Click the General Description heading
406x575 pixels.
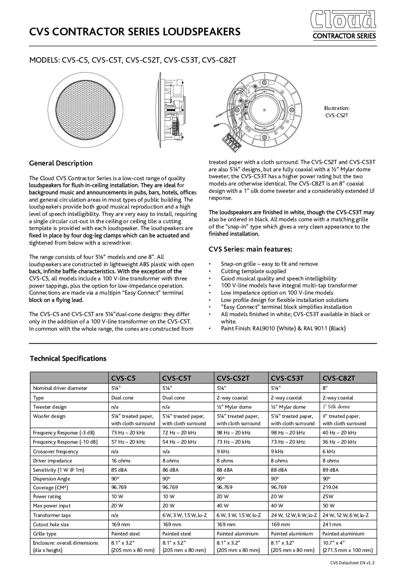61,163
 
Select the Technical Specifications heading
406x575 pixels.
68,358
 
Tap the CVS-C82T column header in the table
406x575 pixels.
339,378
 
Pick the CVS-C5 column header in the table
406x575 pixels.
123,378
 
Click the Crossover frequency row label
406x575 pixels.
55,452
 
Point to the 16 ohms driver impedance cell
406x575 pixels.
121,461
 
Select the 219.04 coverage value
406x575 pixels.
330,487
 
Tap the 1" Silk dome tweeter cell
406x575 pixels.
336,407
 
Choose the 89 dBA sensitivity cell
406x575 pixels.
331,470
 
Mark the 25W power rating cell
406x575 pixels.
328,496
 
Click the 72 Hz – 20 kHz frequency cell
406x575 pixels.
179,433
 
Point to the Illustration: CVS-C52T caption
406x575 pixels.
337,112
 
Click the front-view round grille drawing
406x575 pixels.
86,109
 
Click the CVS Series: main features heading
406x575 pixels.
250,249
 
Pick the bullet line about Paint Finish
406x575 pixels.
283,328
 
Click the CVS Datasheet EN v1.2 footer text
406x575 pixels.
352,563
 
